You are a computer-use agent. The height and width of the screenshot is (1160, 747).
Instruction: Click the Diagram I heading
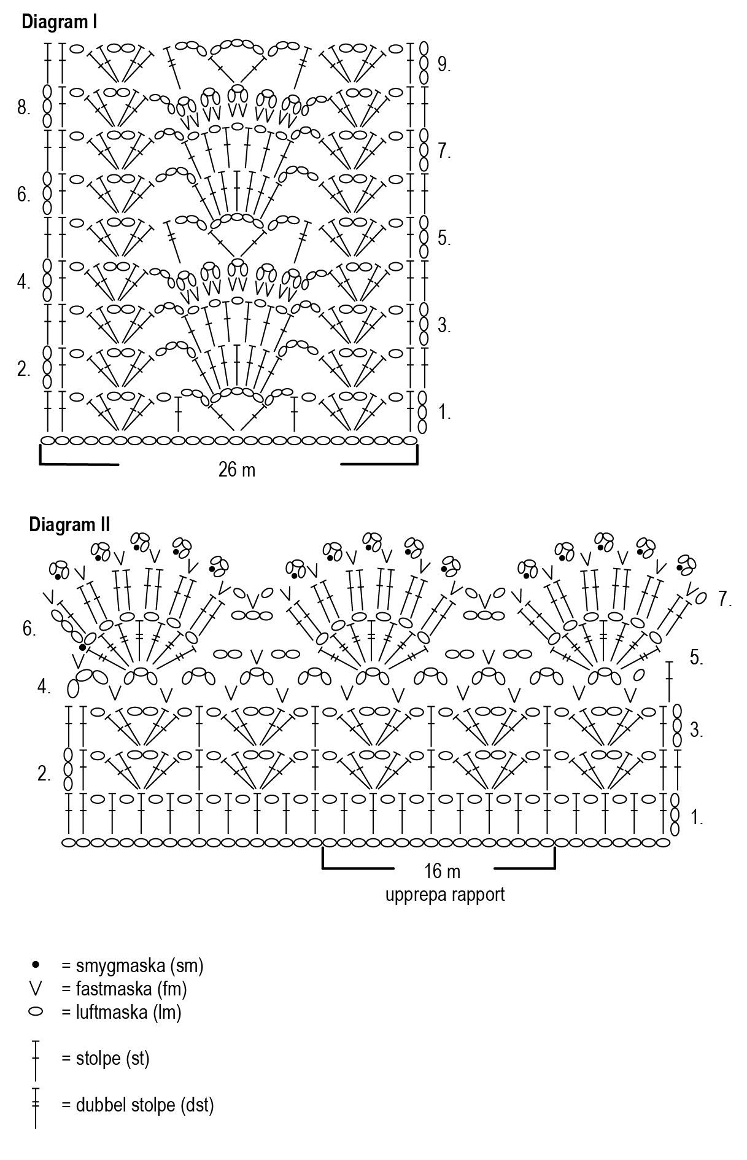click(60, 23)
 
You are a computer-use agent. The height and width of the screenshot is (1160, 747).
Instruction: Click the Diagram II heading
click(69, 525)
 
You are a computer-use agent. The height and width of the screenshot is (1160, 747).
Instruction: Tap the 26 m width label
click(236, 470)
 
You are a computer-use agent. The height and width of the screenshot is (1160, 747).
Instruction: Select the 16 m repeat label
click(442, 871)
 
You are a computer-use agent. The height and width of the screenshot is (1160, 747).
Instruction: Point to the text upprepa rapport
click(445, 894)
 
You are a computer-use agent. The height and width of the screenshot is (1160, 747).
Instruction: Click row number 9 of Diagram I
click(444, 64)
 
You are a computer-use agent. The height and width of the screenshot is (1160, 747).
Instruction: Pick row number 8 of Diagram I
click(24, 109)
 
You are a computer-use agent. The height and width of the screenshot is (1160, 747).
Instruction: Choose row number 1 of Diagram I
click(444, 413)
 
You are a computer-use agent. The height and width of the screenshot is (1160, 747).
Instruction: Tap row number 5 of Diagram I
click(444, 238)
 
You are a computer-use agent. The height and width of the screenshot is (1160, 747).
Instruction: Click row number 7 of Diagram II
click(725, 599)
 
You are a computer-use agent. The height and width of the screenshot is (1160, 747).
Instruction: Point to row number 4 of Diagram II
click(44, 687)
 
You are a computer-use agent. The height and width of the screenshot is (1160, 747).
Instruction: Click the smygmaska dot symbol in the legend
click(36, 965)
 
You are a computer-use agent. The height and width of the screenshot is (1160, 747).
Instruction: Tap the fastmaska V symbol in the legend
click(36, 989)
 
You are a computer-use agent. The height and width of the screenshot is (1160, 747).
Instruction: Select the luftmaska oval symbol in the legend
click(36, 1011)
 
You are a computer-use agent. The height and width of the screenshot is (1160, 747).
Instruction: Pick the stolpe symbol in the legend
click(36, 1059)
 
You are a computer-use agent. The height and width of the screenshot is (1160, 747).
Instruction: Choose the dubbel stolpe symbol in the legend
click(36, 1107)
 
